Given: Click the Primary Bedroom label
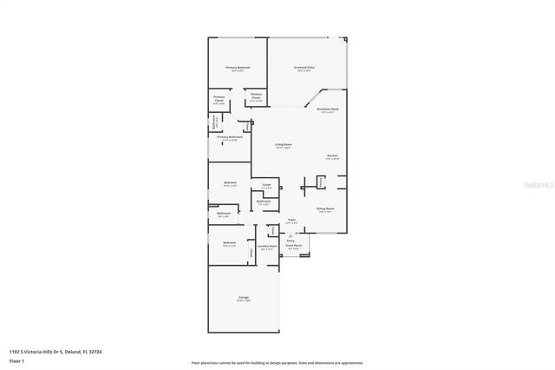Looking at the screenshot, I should click(239, 67).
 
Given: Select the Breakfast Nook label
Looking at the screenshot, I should click(329, 109).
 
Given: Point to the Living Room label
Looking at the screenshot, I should click(283, 144).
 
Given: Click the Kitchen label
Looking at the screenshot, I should click(332, 155).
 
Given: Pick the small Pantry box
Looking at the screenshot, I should click(320, 182).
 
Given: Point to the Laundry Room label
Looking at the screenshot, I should click(268, 246).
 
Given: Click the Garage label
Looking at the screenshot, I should click(244, 298).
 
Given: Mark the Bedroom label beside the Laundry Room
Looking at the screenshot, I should click(228, 242).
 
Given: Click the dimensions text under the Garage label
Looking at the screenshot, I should click(244, 302).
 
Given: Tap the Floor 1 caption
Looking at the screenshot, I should click(16, 360).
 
